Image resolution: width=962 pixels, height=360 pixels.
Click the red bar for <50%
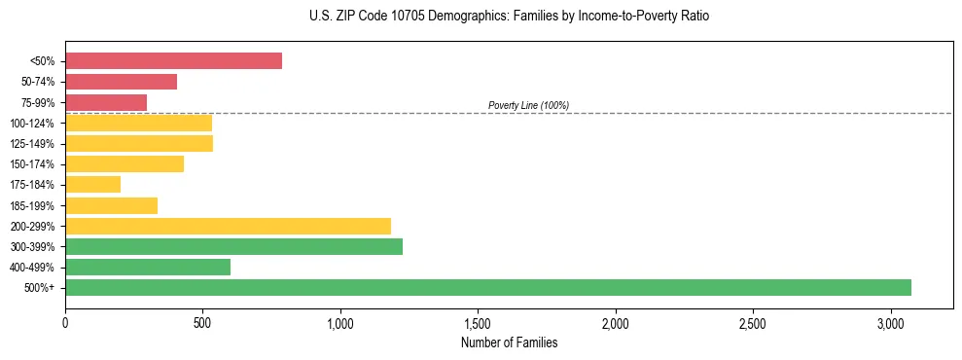click(x=173, y=61)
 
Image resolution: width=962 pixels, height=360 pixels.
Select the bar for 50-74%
click(x=121, y=82)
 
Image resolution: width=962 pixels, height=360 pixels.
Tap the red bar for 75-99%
click(x=106, y=102)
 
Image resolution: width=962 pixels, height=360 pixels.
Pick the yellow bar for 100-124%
click(x=138, y=123)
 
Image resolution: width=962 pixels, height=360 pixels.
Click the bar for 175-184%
click(x=92, y=185)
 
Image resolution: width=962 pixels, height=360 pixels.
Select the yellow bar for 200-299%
click(x=228, y=226)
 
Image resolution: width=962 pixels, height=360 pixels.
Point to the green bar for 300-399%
click(x=233, y=246)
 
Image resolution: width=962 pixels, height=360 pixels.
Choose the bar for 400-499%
click(x=148, y=267)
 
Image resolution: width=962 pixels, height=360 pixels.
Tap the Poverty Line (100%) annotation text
click(x=528, y=105)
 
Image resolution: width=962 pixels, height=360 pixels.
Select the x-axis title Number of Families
click(x=510, y=342)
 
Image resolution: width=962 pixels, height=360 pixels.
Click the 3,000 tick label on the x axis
click(x=891, y=323)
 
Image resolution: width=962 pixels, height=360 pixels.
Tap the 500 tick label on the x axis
click(x=202, y=323)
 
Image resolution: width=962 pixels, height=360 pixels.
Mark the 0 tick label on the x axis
click(x=65, y=323)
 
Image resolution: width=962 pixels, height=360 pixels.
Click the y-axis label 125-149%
click(x=34, y=144)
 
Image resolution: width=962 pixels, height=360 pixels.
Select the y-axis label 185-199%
click(x=34, y=205)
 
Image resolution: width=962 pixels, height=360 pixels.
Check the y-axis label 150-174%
click(x=34, y=164)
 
